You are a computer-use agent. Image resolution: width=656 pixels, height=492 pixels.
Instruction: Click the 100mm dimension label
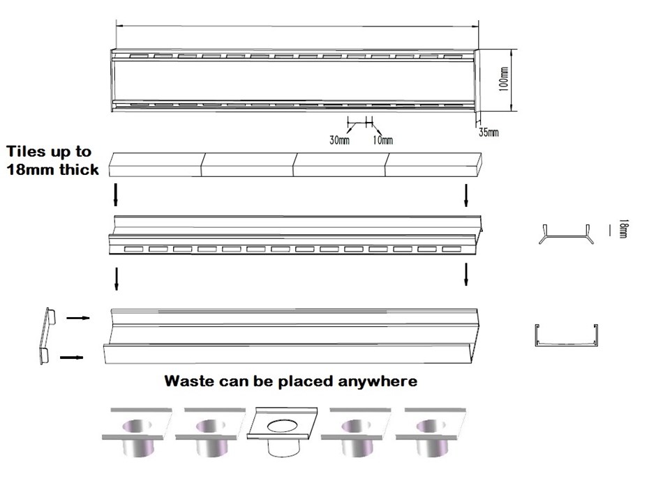(505, 80)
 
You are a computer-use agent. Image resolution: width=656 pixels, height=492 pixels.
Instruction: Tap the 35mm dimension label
(489, 131)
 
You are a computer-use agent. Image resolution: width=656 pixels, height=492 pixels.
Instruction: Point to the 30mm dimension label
(339, 139)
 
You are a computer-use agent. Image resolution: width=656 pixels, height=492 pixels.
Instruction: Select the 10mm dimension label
(383, 139)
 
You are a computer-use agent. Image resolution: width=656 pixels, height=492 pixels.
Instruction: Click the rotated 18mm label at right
(623, 229)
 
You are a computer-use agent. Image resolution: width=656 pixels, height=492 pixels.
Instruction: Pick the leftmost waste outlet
(137, 432)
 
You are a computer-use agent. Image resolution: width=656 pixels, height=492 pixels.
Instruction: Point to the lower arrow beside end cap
(72, 358)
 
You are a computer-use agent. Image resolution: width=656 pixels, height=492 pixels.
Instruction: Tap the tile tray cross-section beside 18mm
(566, 233)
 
